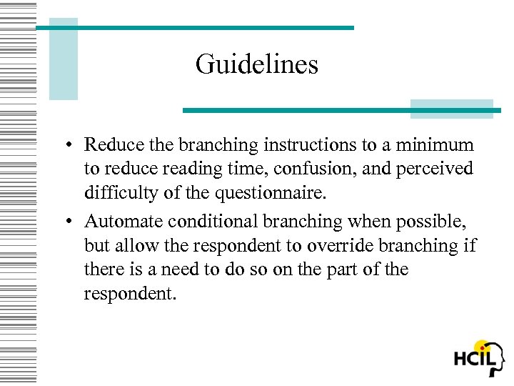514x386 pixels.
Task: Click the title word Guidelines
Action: pos(256,65)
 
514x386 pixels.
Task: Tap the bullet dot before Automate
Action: pos(65,222)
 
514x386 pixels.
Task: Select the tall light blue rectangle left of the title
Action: pos(64,59)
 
